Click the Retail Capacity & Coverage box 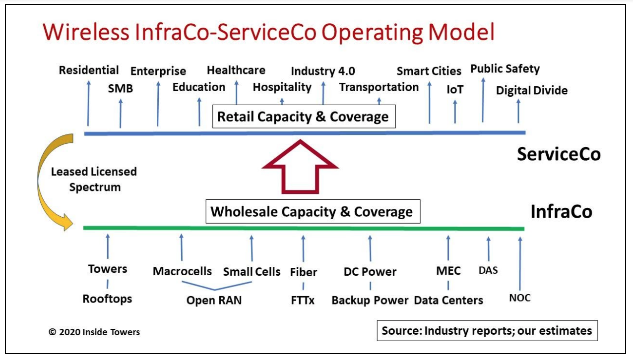(304, 117)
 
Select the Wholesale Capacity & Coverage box (313, 211)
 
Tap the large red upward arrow (300, 167)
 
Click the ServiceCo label (559, 154)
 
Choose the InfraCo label (561, 211)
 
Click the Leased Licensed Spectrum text (94, 179)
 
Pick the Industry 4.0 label (323, 71)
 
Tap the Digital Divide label (531, 90)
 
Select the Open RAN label (214, 300)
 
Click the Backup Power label (370, 300)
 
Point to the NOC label (520, 298)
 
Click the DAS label (488, 270)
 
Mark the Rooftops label (107, 299)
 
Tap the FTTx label (303, 300)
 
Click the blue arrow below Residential (88, 103)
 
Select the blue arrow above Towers (108, 246)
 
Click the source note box (487, 331)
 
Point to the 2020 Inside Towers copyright (94, 332)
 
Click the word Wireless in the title (86, 32)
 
